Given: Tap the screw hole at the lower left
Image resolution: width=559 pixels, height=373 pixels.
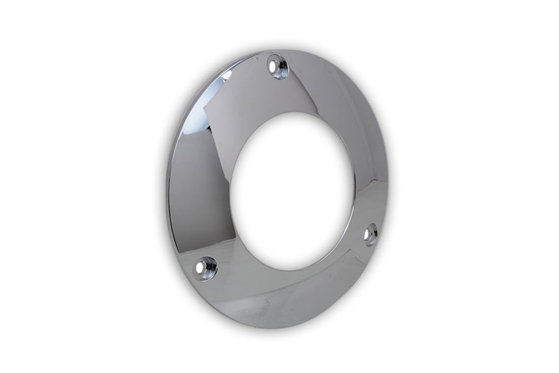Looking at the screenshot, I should tap(204, 268).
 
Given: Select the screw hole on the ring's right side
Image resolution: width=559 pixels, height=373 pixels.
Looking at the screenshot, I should tap(370, 235).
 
